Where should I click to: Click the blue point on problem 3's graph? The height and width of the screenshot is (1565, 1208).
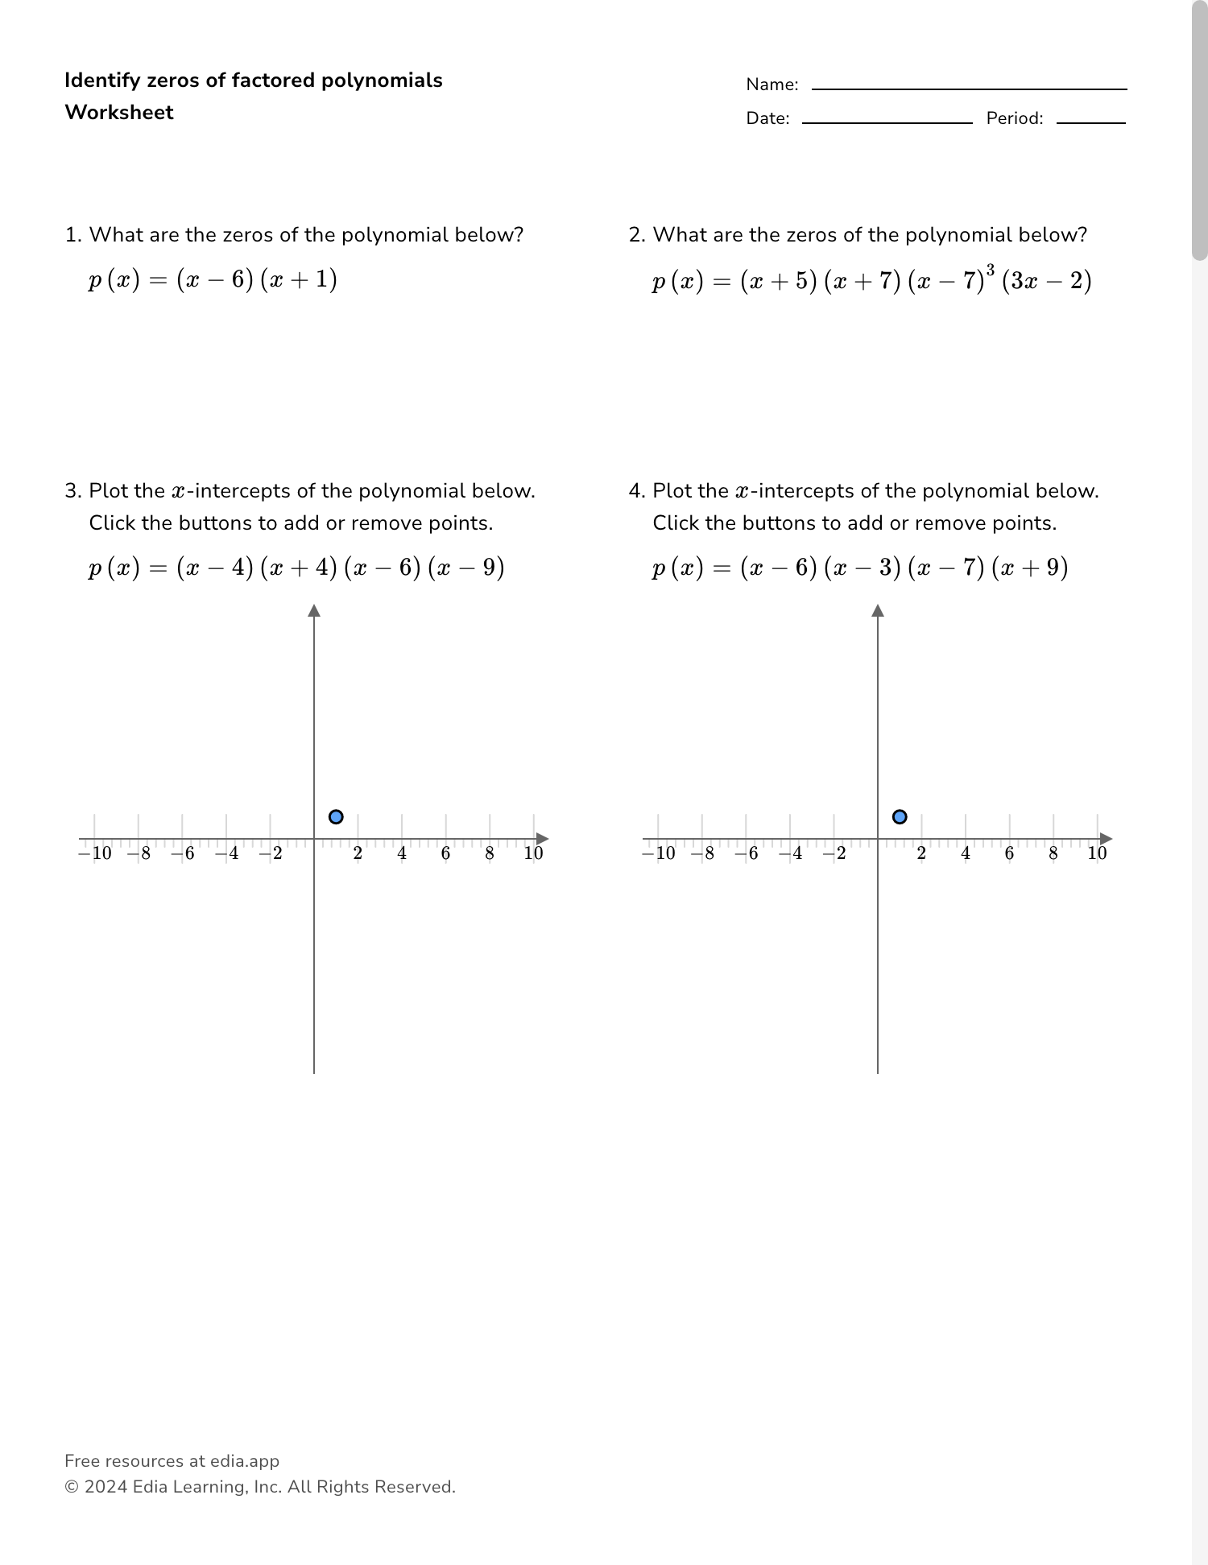point(336,817)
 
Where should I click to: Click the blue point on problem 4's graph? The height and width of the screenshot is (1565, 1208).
point(900,817)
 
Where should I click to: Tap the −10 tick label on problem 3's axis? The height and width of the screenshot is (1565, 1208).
point(95,853)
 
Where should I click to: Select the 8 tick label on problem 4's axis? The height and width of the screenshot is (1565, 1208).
point(1053,853)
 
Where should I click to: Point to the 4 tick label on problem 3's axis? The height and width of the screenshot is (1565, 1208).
point(402,853)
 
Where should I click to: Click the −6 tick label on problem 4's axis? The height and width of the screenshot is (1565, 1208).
point(747,853)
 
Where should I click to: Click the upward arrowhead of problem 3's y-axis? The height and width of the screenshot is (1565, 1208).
point(314,610)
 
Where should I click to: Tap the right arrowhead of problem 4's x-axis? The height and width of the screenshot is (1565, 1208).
point(1107,839)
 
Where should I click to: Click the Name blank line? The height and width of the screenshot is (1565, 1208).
point(969,89)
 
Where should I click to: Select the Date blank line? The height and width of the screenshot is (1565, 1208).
point(887,122)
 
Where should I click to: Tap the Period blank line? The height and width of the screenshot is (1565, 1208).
point(1090,122)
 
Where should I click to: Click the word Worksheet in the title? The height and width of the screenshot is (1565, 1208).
point(119,113)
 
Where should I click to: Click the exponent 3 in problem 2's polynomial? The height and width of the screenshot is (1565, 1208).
point(990,269)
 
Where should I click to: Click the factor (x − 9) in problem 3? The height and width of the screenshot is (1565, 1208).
point(466,568)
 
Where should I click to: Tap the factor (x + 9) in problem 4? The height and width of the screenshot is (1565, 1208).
point(1030,568)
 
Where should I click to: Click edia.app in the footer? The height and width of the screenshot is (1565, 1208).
point(245,1461)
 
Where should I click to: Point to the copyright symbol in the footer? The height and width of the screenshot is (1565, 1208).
point(71,1487)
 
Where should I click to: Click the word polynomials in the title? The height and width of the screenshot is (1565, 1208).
point(382,81)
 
